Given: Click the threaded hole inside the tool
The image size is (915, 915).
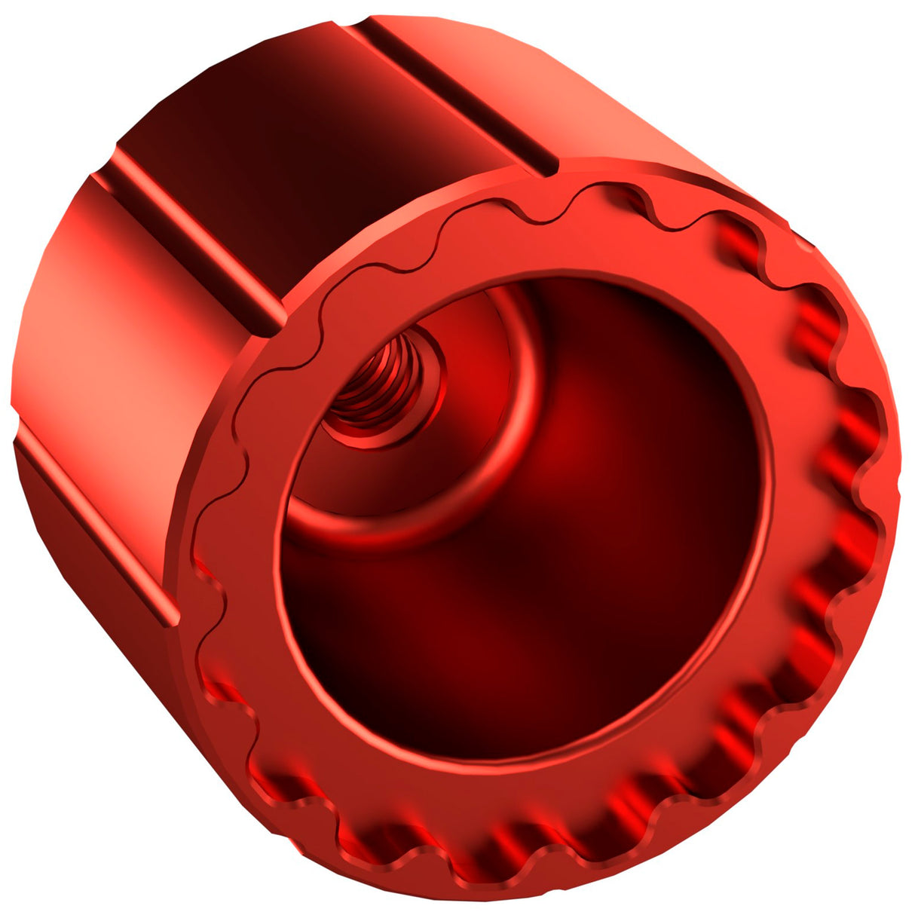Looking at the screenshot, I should [x=381, y=384].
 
